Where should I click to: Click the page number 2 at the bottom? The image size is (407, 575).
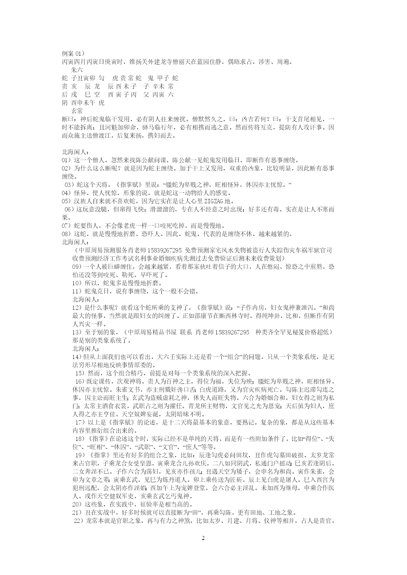pos(203,538)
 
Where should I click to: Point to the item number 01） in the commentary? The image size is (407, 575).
pos(67,160)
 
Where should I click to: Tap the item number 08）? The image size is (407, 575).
pos(67,234)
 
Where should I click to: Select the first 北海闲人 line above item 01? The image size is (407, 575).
pos(75,152)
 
